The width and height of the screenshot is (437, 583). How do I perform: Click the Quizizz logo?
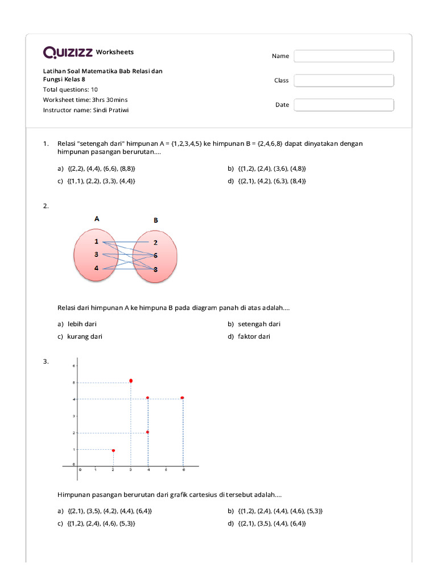click(x=68, y=52)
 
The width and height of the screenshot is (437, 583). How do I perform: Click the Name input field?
click(x=344, y=56)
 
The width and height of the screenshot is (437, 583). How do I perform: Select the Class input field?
click(x=344, y=80)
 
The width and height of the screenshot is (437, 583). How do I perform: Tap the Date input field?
click(x=344, y=105)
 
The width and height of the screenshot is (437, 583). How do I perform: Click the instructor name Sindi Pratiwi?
click(x=111, y=110)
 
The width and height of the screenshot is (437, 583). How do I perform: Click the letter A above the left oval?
click(x=97, y=218)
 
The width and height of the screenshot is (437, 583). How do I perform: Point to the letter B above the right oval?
click(x=155, y=220)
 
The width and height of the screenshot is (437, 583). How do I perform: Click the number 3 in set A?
click(x=97, y=254)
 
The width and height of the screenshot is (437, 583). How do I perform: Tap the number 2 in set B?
click(x=155, y=243)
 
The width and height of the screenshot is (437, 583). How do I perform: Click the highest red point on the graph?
click(x=131, y=380)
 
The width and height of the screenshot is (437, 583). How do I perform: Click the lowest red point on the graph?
click(x=113, y=450)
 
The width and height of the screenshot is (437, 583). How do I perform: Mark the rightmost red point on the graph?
click(x=182, y=397)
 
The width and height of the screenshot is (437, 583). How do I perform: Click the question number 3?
click(x=46, y=361)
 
